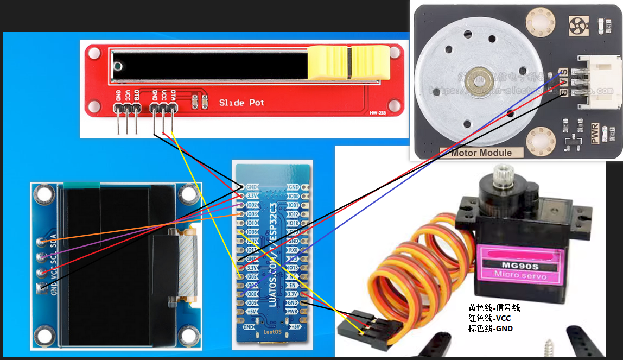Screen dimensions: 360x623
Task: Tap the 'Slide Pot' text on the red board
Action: click(x=241, y=103)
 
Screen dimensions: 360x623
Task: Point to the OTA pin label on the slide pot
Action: click(x=173, y=95)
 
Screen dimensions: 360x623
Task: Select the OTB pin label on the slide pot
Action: click(x=136, y=95)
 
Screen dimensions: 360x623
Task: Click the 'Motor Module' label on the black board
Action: click(x=481, y=153)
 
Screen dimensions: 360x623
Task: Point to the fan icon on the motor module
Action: click(x=576, y=23)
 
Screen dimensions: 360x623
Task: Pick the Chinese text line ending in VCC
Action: click(x=489, y=318)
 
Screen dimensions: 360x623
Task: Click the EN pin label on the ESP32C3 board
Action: click(x=292, y=285)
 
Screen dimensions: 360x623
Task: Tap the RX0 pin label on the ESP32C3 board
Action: click(x=293, y=250)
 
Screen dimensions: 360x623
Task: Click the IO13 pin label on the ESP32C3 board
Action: click(x=293, y=267)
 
